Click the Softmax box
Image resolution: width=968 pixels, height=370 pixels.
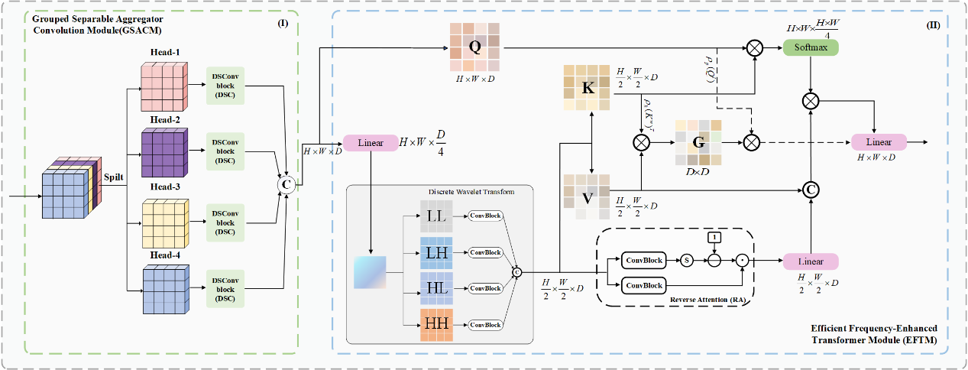coord(811,47)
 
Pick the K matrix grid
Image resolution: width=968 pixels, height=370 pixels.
coord(587,87)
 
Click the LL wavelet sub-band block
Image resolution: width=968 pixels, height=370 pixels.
coord(437,217)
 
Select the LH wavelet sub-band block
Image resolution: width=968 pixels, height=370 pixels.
coord(437,252)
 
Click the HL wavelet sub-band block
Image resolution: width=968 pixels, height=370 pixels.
coord(437,288)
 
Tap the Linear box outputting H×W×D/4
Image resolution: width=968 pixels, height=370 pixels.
coord(370,143)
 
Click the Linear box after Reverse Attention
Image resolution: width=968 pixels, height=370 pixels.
coord(810,261)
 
